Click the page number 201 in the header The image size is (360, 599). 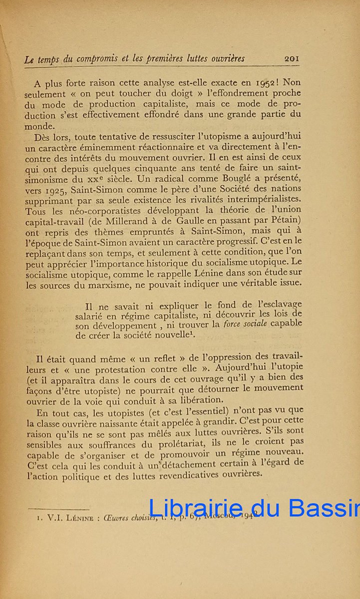(x=291, y=58)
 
